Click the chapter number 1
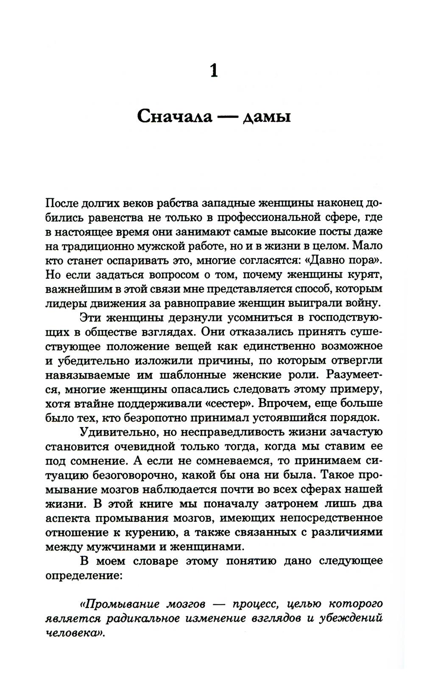(x=214, y=70)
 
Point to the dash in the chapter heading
(x=228, y=116)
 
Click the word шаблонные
(x=195, y=375)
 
